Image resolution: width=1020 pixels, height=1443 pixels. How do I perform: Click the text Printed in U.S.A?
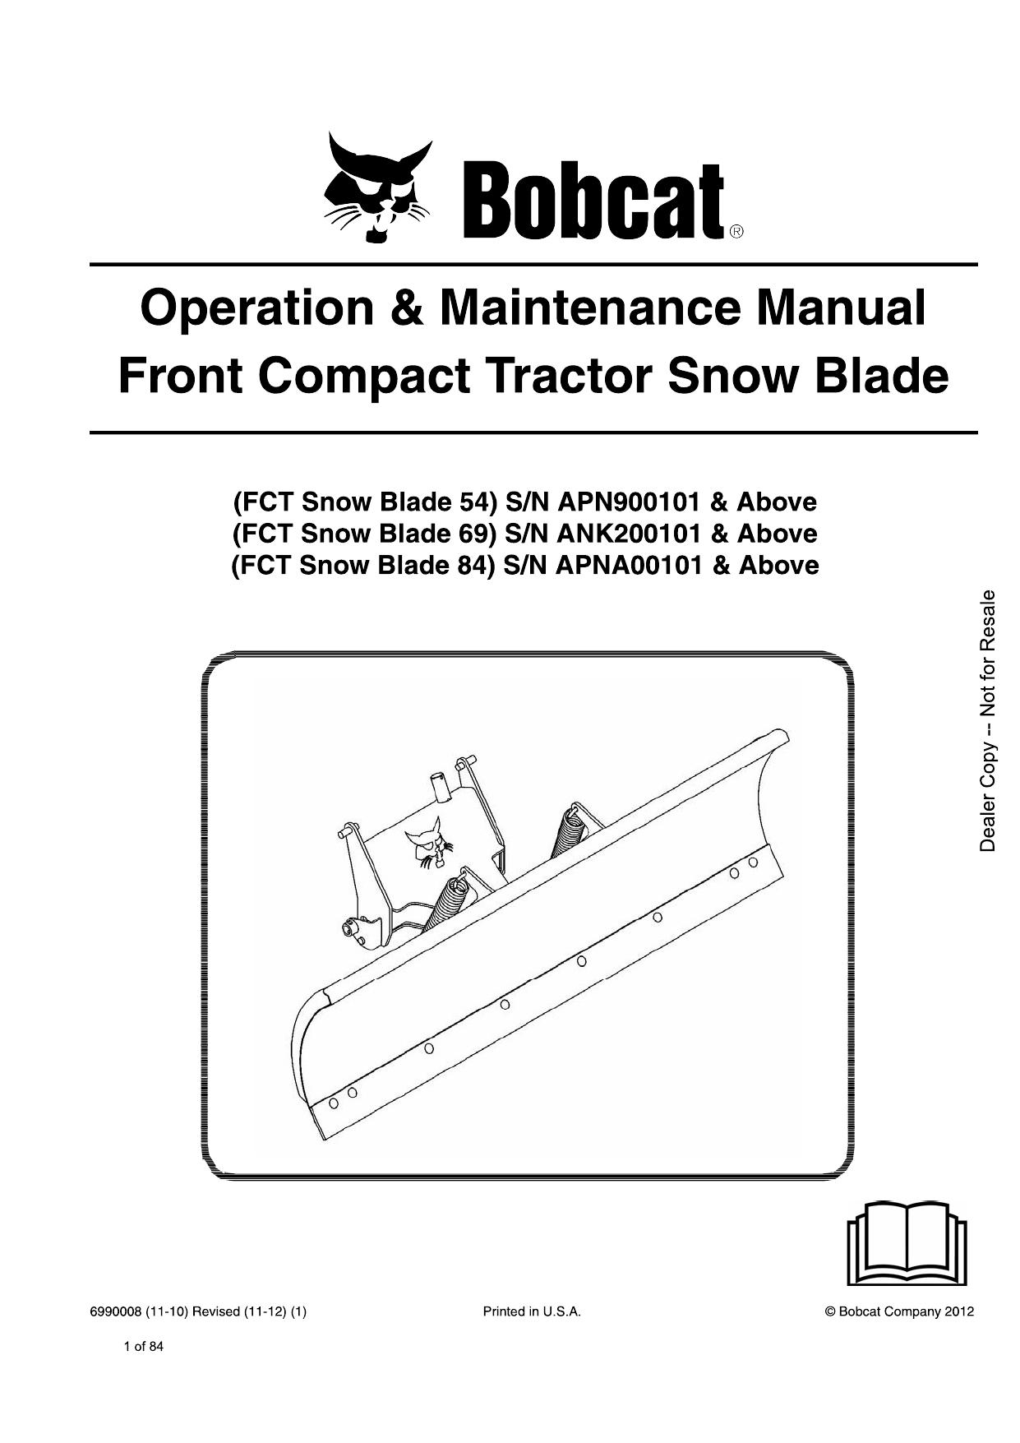tap(532, 1312)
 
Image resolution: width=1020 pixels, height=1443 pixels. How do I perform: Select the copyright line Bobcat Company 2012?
tap(899, 1312)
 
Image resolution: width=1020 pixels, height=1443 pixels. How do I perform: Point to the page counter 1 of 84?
tap(143, 1347)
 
